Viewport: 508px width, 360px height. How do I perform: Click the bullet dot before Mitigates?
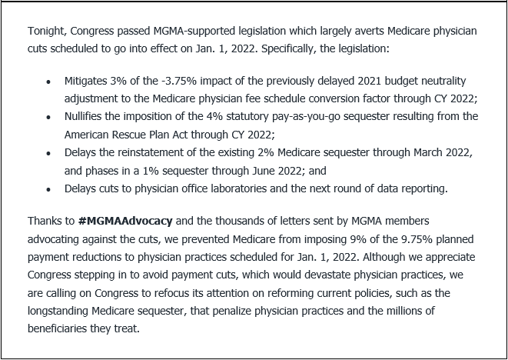49,82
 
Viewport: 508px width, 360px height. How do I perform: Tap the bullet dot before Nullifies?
49,117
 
